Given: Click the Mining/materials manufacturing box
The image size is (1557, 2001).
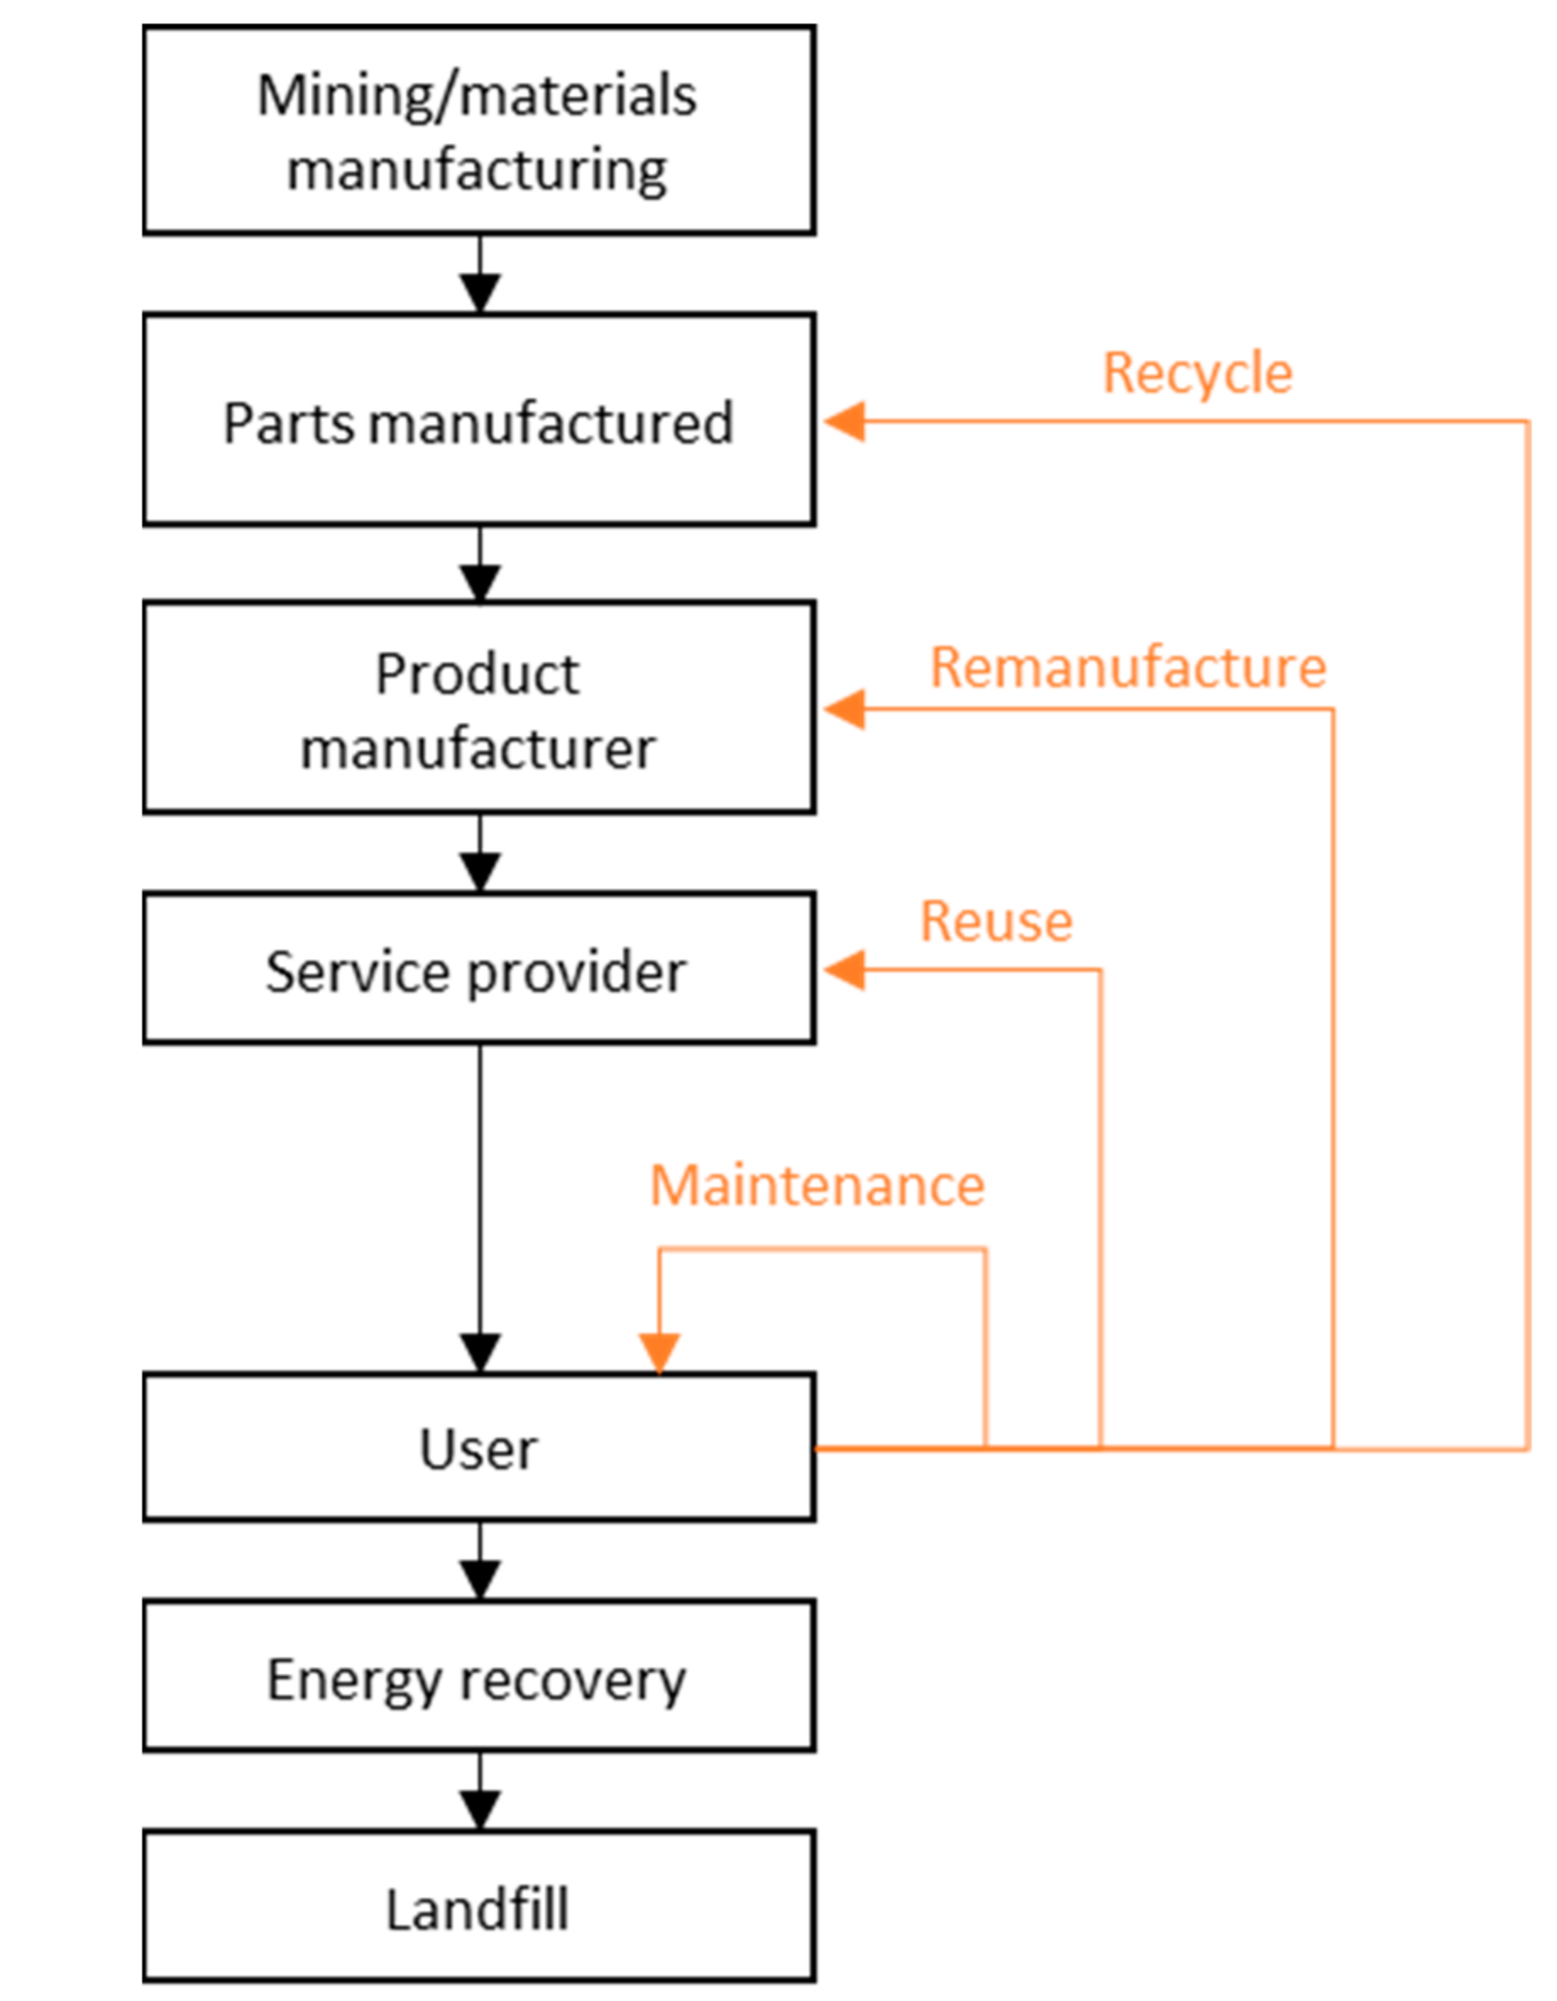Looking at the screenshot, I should pos(478,130).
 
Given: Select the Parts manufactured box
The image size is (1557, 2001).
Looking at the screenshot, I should pos(478,420).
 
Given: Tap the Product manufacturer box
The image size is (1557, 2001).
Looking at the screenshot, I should pos(478,707).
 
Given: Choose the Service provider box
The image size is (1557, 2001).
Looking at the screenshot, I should pos(478,968).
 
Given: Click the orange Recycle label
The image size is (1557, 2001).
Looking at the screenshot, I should pos(1197,374).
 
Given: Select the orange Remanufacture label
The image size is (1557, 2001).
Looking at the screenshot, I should pos(1127,667).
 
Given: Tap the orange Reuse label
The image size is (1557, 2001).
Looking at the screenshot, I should pos(996,921).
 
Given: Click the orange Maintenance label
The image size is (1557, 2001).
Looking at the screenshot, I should pos(817,1186).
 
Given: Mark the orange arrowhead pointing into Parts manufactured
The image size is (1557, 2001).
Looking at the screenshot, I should pos(845,422).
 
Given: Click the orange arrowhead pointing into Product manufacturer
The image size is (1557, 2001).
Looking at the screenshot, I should pos(845,709).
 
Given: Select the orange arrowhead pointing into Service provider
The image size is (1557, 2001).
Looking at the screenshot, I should pos(845,969).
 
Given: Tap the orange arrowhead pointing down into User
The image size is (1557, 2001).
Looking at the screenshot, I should pos(659,1353).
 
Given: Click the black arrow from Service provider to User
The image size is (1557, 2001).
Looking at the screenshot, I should pos(480,1210).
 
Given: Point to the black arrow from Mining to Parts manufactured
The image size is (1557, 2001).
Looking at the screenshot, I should pos(480,277).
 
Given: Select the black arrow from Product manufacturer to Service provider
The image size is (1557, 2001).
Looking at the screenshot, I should pos(480,854).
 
